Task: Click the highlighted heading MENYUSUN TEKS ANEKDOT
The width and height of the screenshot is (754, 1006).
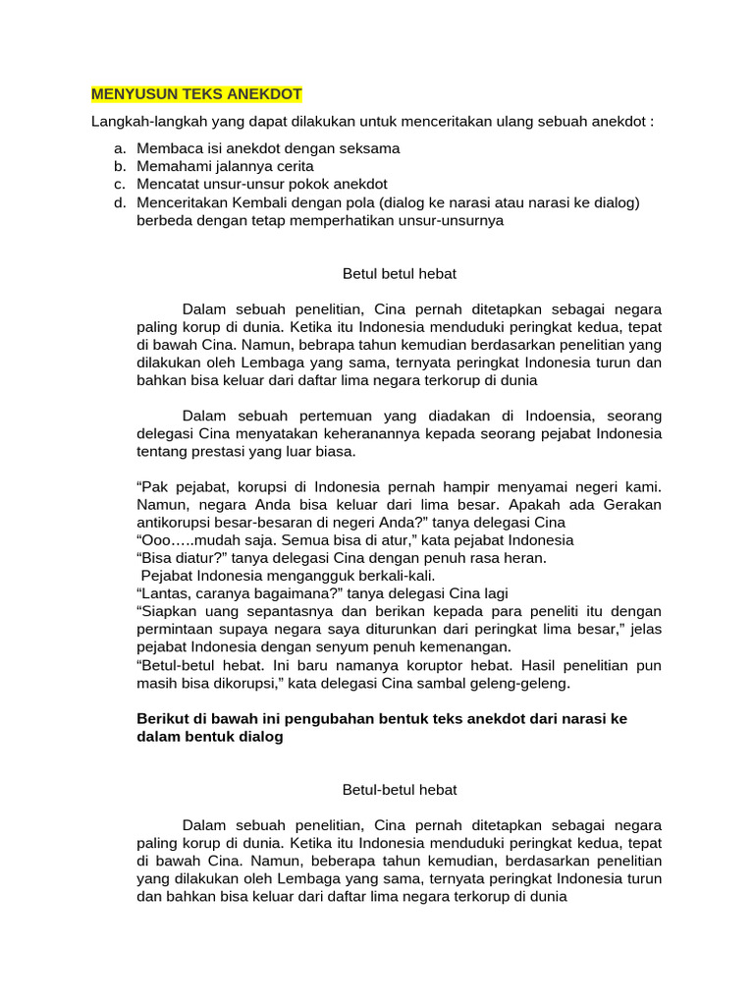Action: [196, 95]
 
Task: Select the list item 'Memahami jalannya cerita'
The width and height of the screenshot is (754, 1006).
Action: [225, 166]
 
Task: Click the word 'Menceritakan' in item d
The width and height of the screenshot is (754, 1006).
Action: [183, 202]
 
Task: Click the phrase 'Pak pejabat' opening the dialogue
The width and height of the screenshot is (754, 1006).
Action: [180, 487]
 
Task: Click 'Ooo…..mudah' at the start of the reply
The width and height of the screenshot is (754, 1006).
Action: [187, 540]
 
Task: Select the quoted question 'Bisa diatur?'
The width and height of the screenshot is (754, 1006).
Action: [181, 558]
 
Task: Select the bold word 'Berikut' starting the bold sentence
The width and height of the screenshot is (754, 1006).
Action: [161, 719]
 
